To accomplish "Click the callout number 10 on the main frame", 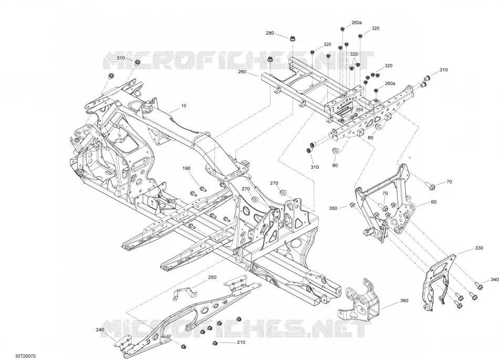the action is tap(184, 106).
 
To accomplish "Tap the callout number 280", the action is tap(269, 33).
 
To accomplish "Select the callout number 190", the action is tap(186, 168).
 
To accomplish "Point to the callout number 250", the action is tap(212, 277).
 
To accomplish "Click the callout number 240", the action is tap(100, 330).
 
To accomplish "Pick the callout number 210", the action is tap(241, 342).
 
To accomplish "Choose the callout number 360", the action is tap(404, 301).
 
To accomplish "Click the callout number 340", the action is tap(495, 280).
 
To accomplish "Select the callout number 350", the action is tap(333, 209).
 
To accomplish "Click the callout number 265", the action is tap(359, 109).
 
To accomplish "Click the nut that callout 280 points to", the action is tap(292, 39).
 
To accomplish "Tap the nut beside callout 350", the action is tap(352, 204).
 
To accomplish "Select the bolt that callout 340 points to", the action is tap(478, 286).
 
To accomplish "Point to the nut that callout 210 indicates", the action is tap(214, 343).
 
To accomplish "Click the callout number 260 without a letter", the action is tap(242, 71).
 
